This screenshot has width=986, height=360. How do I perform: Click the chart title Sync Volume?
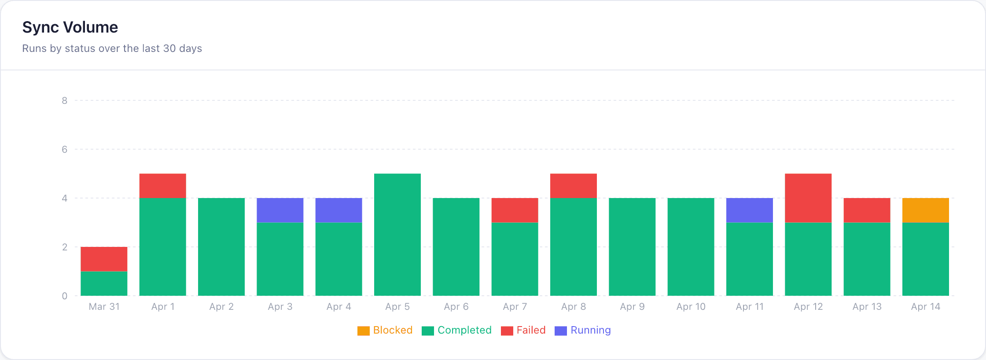click(70, 27)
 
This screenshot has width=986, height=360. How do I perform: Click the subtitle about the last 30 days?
click(112, 48)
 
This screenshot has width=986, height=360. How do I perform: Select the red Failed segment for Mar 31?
click(104, 259)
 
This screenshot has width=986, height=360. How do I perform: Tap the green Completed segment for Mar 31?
click(104, 283)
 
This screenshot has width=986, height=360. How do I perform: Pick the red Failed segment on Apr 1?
click(162, 186)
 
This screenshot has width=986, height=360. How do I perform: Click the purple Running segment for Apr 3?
click(280, 210)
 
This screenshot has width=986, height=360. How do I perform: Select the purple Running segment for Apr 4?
click(338, 210)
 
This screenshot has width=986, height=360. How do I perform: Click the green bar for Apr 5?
click(397, 235)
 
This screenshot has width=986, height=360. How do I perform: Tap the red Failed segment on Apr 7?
click(515, 210)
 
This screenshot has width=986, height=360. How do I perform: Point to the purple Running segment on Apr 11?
click(749, 210)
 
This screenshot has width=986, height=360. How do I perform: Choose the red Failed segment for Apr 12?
click(808, 198)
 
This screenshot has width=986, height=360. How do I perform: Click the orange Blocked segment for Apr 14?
click(925, 210)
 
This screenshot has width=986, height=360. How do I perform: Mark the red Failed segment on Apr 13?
click(867, 210)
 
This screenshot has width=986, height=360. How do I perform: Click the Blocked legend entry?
click(385, 331)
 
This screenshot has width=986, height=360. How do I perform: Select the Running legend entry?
click(583, 331)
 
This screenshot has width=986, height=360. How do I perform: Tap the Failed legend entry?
click(523, 331)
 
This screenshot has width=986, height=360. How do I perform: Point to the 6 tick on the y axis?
click(65, 150)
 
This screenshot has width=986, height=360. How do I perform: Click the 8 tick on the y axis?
click(65, 101)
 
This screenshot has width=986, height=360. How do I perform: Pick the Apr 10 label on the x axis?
click(691, 307)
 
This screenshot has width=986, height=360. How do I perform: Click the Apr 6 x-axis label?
click(456, 307)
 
